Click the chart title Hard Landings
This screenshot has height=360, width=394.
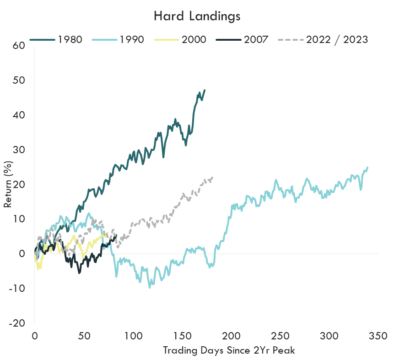pyautogui.click(x=197, y=16)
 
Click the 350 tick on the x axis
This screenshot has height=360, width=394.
pyautogui.click(x=378, y=335)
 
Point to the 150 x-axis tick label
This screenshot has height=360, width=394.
pyautogui.click(x=182, y=335)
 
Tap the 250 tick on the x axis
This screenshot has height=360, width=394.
pyautogui.click(x=280, y=335)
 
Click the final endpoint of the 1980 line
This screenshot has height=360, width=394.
pyautogui.click(x=205, y=90)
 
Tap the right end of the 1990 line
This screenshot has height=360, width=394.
pyautogui.click(x=367, y=167)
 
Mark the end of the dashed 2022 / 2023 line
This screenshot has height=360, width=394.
pyautogui.click(x=213, y=177)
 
